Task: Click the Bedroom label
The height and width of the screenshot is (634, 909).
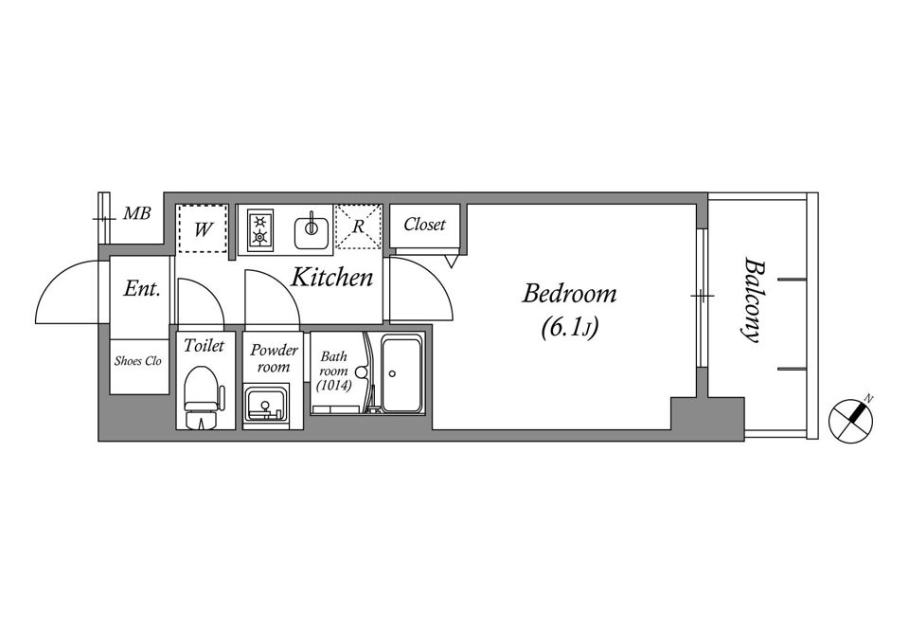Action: click(x=569, y=294)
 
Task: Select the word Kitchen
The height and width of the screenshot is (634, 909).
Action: click(x=331, y=278)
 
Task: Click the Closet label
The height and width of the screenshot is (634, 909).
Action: click(x=424, y=224)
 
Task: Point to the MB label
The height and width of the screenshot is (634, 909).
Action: click(x=136, y=213)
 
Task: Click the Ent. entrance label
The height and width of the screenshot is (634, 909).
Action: click(x=141, y=288)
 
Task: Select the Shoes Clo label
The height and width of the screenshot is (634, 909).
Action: click(x=138, y=361)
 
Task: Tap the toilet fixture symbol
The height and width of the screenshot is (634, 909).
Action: click(x=203, y=397)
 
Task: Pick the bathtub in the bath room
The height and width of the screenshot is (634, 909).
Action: click(x=401, y=374)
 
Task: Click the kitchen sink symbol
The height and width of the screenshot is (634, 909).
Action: click(x=312, y=229)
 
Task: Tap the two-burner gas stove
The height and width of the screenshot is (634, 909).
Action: click(x=259, y=229)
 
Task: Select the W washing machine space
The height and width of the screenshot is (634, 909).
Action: click(x=202, y=228)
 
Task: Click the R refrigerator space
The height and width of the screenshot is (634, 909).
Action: click(x=358, y=226)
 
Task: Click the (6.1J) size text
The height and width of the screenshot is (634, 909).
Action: click(x=569, y=328)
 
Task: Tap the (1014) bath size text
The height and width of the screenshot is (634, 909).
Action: click(x=334, y=384)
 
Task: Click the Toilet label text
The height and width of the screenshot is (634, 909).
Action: click(x=204, y=346)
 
